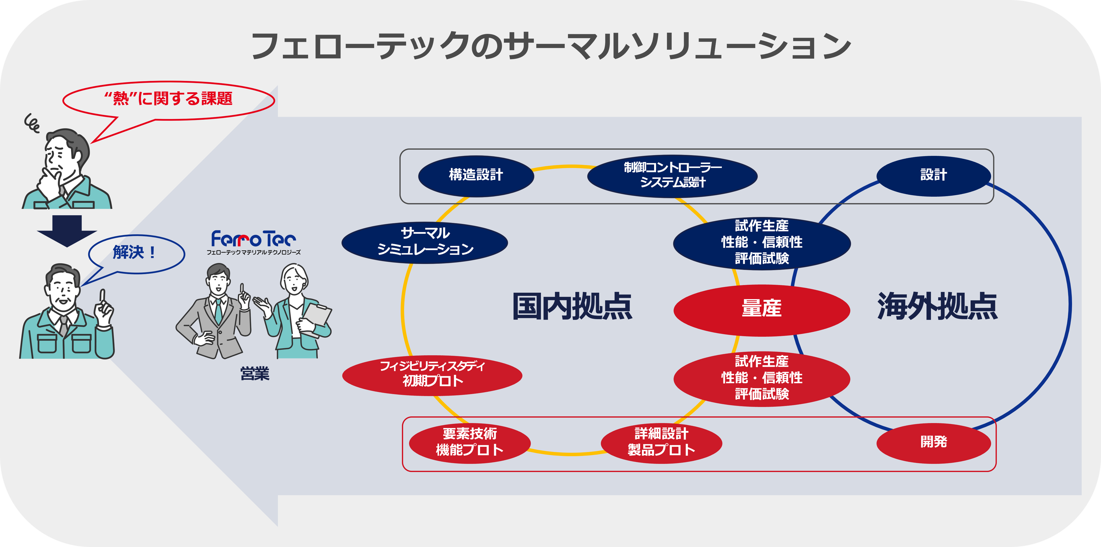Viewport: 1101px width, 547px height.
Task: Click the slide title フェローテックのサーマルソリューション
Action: click(x=550, y=46)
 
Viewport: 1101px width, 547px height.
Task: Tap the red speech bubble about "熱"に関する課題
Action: click(x=168, y=99)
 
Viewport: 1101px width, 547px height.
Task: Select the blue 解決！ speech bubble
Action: click(x=136, y=253)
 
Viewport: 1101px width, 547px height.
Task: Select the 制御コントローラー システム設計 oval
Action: click(x=672, y=175)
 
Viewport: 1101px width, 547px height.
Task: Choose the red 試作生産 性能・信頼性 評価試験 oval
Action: click(x=762, y=378)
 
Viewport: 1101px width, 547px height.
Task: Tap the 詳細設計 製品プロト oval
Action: click(x=661, y=442)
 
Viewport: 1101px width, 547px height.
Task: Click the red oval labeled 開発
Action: click(x=934, y=442)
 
